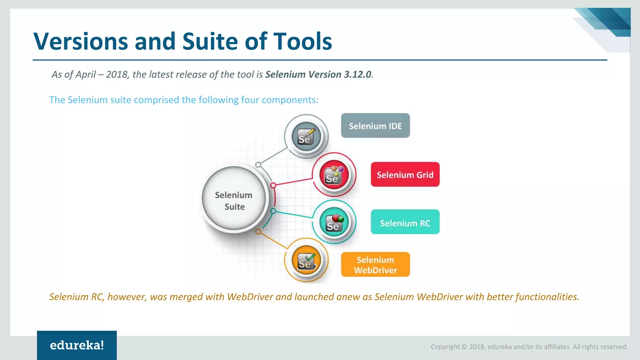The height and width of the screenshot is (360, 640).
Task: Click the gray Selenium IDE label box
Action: point(375,126)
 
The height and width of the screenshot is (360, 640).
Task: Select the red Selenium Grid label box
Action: point(405,174)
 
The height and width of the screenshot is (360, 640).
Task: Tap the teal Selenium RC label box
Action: point(405,222)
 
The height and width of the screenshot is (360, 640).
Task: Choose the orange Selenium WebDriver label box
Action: point(375,264)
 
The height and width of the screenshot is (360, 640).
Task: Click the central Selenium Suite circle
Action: point(234,200)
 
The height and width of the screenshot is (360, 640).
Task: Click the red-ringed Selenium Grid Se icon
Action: point(334,175)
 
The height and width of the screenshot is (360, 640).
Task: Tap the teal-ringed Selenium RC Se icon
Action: point(334,222)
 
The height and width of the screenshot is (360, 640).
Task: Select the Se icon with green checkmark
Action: point(306,260)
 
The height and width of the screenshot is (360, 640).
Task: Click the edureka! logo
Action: point(77,345)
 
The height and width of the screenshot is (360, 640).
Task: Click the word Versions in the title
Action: point(81,41)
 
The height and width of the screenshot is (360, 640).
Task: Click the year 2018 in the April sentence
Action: point(117,74)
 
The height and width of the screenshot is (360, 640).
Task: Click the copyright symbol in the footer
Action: point(464,347)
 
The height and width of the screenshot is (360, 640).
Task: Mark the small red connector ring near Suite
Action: point(273,185)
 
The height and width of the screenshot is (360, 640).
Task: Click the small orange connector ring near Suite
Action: point(258,232)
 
